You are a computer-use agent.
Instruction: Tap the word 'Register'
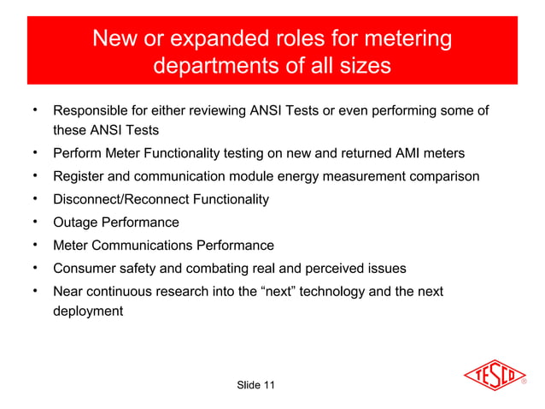coord(79,177)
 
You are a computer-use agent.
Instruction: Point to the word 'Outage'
coord(74,222)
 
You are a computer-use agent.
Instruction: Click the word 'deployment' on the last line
coord(88,311)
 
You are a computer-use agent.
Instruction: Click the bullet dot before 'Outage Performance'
coord(34,222)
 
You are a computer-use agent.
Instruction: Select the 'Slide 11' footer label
coord(255,387)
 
